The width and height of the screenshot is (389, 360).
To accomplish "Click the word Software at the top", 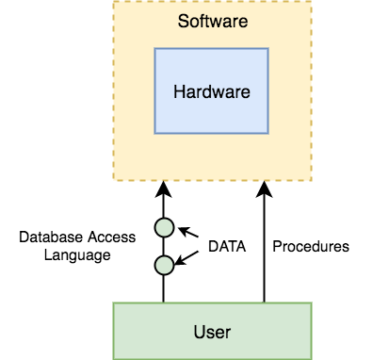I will pyautogui.click(x=212, y=19).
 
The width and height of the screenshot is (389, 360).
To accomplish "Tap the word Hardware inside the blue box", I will pyautogui.click(x=212, y=92).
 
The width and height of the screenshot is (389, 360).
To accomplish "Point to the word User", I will pyautogui.click(x=212, y=332).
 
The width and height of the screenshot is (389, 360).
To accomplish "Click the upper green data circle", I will pyautogui.click(x=164, y=227).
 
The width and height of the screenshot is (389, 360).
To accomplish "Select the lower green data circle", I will pyautogui.click(x=164, y=265).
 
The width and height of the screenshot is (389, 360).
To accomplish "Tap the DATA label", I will pyautogui.click(x=226, y=247).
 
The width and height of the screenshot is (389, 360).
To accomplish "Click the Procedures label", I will pyautogui.click(x=311, y=247).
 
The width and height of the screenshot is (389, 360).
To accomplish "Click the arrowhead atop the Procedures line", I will pyautogui.click(x=264, y=188).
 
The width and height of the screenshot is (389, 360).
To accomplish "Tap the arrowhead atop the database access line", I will pyautogui.click(x=164, y=188).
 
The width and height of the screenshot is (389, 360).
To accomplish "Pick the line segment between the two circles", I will pyautogui.click(x=164, y=246).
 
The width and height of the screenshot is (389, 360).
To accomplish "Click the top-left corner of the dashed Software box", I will pyautogui.click(x=113, y=3).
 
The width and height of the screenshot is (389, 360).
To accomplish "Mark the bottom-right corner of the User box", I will pyautogui.click(x=312, y=358).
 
